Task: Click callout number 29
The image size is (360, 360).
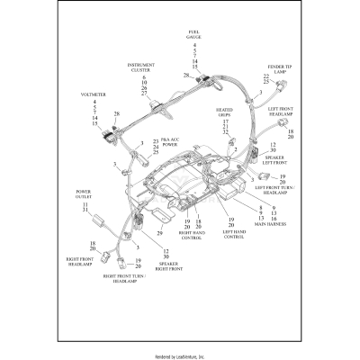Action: point(159,234)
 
